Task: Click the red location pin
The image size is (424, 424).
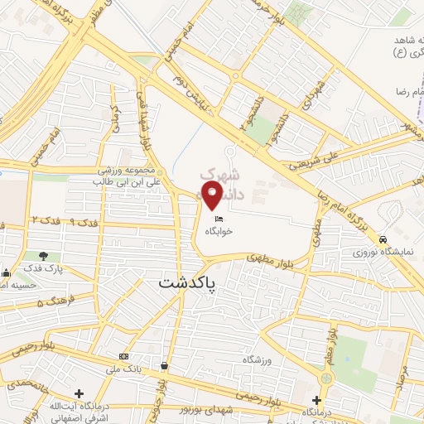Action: [213, 195]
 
